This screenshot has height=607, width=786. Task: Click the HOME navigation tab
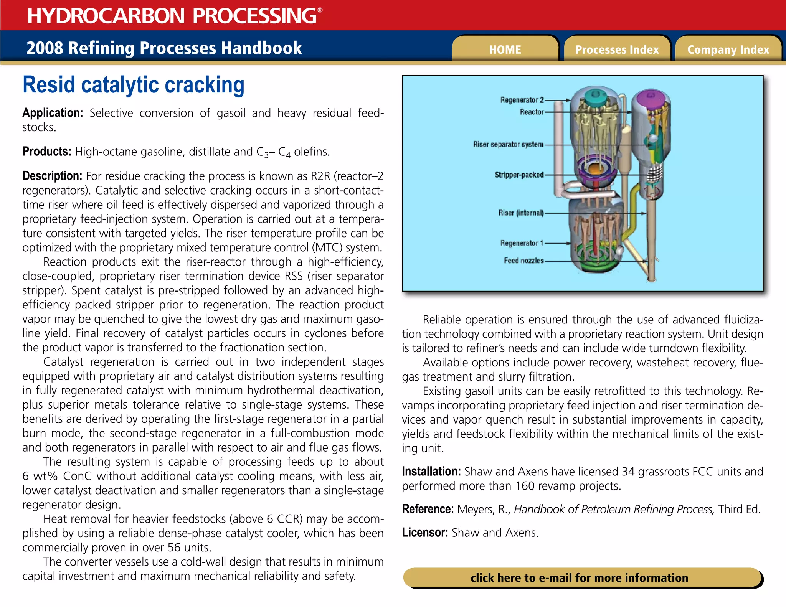(x=505, y=49)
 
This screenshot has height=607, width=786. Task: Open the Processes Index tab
(x=617, y=49)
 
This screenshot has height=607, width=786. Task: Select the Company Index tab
(x=728, y=49)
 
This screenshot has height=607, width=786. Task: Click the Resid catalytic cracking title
(x=134, y=85)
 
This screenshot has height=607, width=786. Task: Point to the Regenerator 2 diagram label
(x=522, y=100)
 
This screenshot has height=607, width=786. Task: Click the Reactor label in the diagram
(x=532, y=112)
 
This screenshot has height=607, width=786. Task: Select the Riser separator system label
(x=508, y=145)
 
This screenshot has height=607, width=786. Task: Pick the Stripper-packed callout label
(x=519, y=175)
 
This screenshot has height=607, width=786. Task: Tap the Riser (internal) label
(x=521, y=213)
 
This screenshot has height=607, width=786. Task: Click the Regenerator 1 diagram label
(x=522, y=243)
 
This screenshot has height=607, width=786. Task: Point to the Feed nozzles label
(x=523, y=261)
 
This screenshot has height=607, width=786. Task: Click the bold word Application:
(x=53, y=113)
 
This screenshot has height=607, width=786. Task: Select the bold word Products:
(x=47, y=152)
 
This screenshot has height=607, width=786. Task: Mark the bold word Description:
(x=52, y=176)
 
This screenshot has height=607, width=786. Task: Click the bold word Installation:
(x=431, y=472)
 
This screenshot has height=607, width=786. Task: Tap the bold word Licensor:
(x=425, y=533)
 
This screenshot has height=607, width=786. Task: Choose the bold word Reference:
(x=428, y=509)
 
